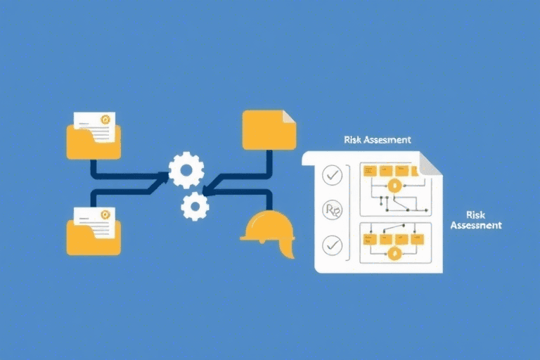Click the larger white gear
point(186,170)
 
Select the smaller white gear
point(195,206)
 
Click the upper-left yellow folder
point(94,142)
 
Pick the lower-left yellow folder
point(94,238)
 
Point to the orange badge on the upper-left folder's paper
point(105,120)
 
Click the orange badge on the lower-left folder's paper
point(105,214)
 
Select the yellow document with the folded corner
point(269,129)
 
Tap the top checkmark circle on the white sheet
point(331,174)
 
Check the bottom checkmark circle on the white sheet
point(331,245)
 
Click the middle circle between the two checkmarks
point(331,210)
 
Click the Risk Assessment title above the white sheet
point(378,140)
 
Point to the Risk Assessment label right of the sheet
point(475,219)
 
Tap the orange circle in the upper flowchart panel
point(394,186)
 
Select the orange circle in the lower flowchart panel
point(394,254)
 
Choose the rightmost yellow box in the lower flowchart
point(418,239)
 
